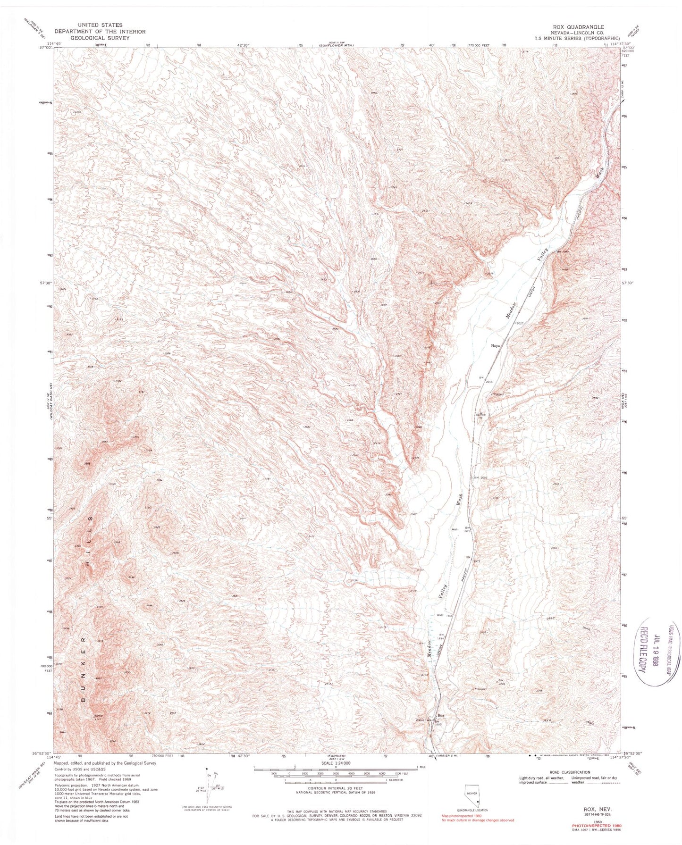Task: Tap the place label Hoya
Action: (495, 345)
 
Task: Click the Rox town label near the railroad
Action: (441, 715)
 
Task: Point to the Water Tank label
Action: (423, 720)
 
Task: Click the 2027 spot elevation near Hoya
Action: (520, 323)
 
